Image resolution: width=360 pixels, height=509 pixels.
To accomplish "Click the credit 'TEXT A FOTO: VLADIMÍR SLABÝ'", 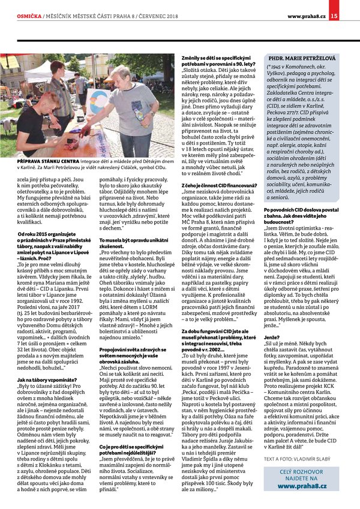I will (297, 459).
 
